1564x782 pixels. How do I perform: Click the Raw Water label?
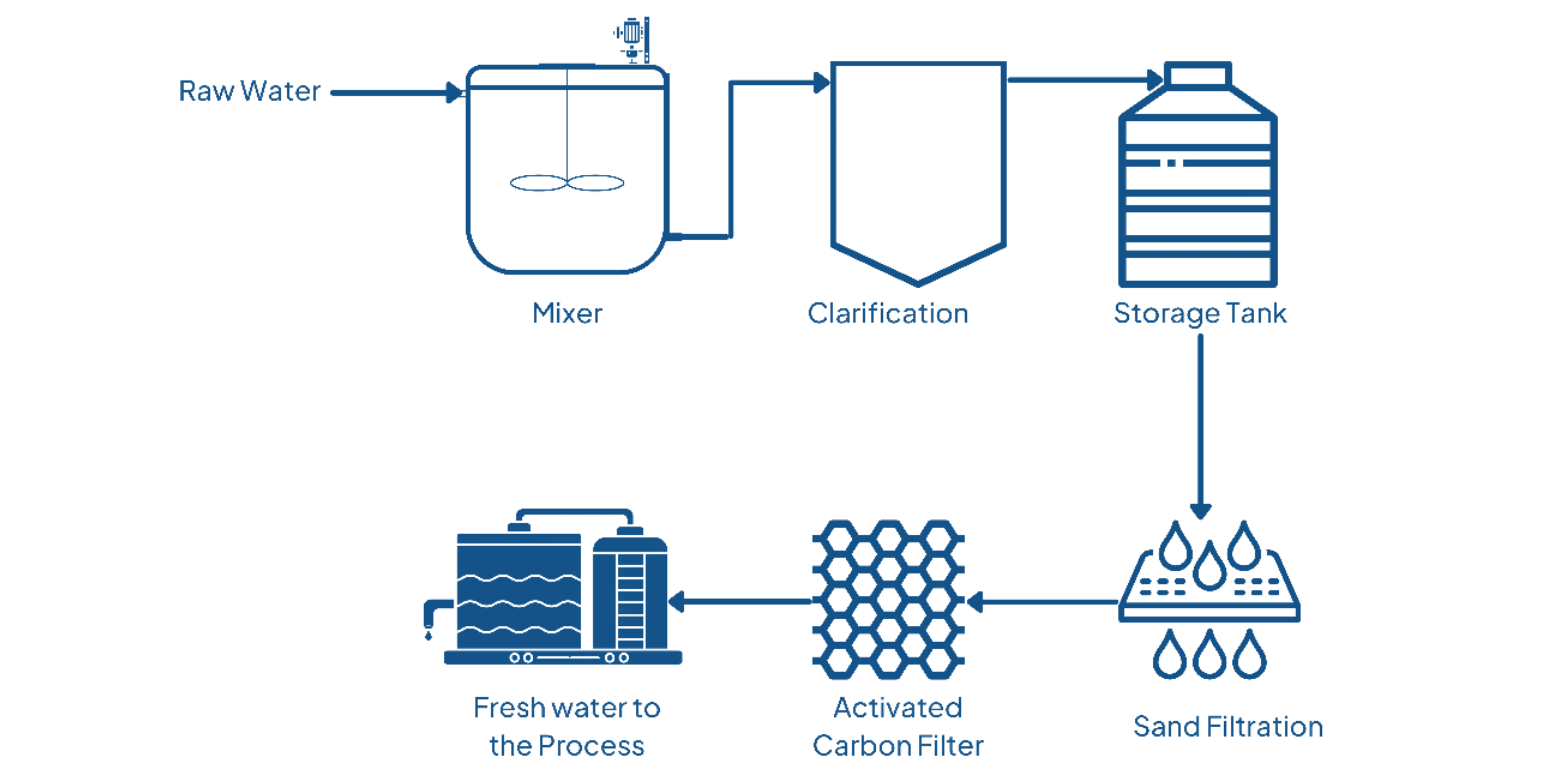coord(249,91)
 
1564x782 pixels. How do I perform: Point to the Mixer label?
coord(567,313)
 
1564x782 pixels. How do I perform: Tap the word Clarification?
coord(888,313)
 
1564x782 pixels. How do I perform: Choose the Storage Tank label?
coord(1200,313)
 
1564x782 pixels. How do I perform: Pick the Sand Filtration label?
coord(1228,726)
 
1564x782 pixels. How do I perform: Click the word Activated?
coord(897,707)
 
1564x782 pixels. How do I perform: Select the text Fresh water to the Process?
coord(567,726)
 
